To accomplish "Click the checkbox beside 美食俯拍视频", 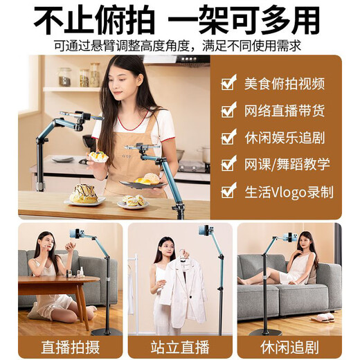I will coord(228,84).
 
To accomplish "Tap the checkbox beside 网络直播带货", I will coord(228,111).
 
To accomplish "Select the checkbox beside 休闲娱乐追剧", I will coord(228,137).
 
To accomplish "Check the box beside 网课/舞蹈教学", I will coord(228,164).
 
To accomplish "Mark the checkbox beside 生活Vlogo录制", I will coord(228,191).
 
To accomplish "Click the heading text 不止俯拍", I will coord(90,21).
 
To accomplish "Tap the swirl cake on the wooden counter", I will coord(84,194).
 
